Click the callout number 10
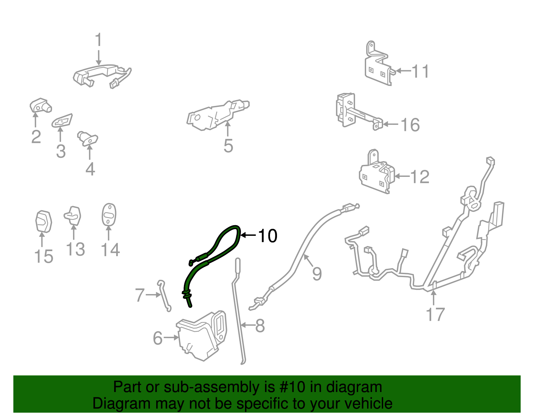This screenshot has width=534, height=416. pyautogui.click(x=268, y=235)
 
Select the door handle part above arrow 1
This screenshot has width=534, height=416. pyautogui.click(x=102, y=76)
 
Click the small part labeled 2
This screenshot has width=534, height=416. pyautogui.click(x=40, y=105)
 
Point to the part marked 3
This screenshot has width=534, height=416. pyautogui.click(x=62, y=121)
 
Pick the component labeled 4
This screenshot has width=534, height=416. pyautogui.click(x=87, y=139)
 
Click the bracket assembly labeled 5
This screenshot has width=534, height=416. pyautogui.click(x=218, y=115)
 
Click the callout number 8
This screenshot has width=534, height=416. pyautogui.click(x=260, y=326)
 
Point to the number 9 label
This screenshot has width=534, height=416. pyautogui.click(x=317, y=273)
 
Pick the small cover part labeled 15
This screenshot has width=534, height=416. pyautogui.click(x=43, y=221)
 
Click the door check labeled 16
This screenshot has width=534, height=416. pyautogui.click(x=359, y=112)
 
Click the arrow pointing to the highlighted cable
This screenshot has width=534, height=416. pyautogui.click(x=248, y=235)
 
